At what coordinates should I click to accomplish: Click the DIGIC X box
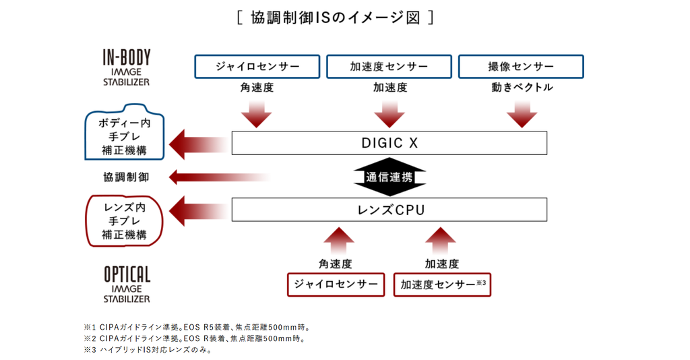(x=389, y=143)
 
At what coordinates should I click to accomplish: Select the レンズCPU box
(x=389, y=210)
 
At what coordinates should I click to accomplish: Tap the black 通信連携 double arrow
(x=389, y=177)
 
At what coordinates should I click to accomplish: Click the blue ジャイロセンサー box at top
(x=257, y=67)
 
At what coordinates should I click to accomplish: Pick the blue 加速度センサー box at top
(x=389, y=67)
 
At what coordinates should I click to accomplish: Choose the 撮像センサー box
(x=520, y=67)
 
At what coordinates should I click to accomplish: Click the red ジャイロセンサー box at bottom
(x=336, y=284)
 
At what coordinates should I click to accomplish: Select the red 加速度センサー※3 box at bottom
(x=442, y=284)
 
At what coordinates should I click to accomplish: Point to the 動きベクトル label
(x=522, y=88)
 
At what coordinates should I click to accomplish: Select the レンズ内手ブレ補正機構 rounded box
(x=125, y=220)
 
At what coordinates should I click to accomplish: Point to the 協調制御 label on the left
(x=126, y=177)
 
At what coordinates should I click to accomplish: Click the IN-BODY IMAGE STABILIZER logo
(x=126, y=67)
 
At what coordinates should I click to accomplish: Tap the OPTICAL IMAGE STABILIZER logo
(x=127, y=284)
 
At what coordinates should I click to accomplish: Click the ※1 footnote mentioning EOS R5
(x=196, y=328)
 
